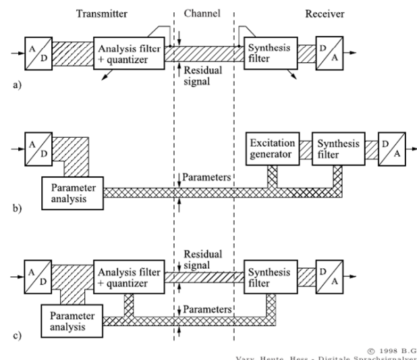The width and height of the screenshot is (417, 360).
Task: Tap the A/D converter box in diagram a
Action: point(36,51)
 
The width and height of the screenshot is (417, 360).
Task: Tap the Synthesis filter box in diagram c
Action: point(268,277)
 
